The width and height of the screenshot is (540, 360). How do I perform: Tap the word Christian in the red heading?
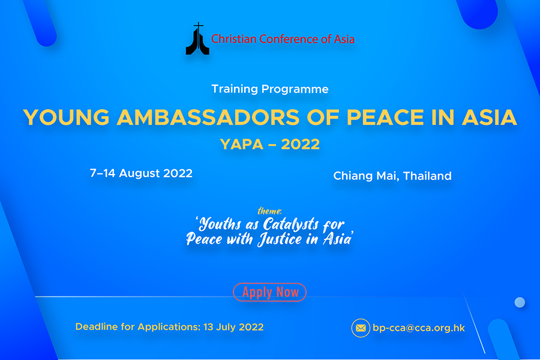[x=234, y=39]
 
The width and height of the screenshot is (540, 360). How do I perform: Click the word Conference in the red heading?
[x=289, y=39]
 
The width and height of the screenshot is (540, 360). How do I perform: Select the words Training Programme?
[x=270, y=89]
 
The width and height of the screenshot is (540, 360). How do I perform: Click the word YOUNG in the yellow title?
[x=66, y=117]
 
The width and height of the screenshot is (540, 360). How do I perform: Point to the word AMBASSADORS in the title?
[x=208, y=117]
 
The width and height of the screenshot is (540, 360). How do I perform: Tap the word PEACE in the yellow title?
[x=385, y=117]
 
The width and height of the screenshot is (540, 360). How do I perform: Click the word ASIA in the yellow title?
[x=490, y=117]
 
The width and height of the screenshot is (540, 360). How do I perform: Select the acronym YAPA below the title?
[x=242, y=145]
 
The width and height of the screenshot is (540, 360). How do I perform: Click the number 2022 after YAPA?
[x=301, y=145]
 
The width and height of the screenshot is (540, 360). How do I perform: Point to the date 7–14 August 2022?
[x=141, y=173]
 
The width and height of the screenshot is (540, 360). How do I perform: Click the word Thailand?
[x=427, y=176]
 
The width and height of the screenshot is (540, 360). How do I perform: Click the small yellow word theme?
[x=269, y=211]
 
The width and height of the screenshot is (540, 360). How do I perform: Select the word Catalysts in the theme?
[x=291, y=224]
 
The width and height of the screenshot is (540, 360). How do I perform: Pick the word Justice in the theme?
[x=280, y=239]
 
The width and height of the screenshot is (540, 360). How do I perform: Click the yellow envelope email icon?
[x=361, y=328]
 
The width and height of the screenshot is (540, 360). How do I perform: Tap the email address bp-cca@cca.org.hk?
[x=419, y=328]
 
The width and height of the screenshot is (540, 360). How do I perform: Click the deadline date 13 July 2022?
[x=233, y=327]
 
